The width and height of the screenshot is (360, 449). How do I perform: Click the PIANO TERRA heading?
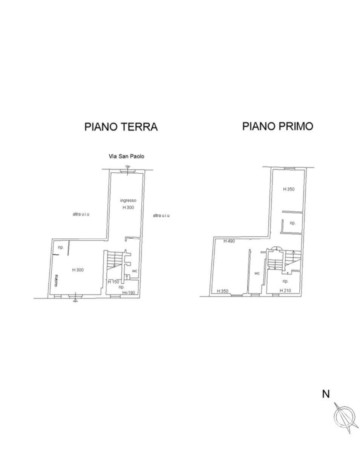click(121, 127)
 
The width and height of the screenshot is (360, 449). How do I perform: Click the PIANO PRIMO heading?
click(278, 126)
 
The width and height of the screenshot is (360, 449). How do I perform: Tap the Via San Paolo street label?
click(126, 156)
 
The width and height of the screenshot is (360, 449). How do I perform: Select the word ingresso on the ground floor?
click(128, 200)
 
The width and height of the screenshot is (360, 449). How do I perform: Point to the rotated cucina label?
click(57, 281)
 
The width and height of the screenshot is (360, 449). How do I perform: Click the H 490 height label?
click(229, 241)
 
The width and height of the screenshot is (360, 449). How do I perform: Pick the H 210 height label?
click(285, 290)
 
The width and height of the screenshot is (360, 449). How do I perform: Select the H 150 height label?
click(113, 282)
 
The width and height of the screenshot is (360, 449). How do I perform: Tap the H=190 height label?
click(129, 293)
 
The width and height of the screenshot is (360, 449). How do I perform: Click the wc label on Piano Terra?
click(135, 271)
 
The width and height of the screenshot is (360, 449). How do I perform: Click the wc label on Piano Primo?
click(257, 273)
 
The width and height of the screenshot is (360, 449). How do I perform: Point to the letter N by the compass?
click(326, 394)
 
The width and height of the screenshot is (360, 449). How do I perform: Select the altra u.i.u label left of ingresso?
click(81, 214)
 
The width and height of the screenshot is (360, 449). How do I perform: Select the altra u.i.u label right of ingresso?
click(161, 215)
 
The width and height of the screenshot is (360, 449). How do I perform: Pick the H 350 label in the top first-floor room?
click(289, 189)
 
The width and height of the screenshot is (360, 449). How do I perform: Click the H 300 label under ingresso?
click(128, 207)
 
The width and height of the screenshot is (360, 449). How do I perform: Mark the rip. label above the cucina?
click(61, 247)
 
